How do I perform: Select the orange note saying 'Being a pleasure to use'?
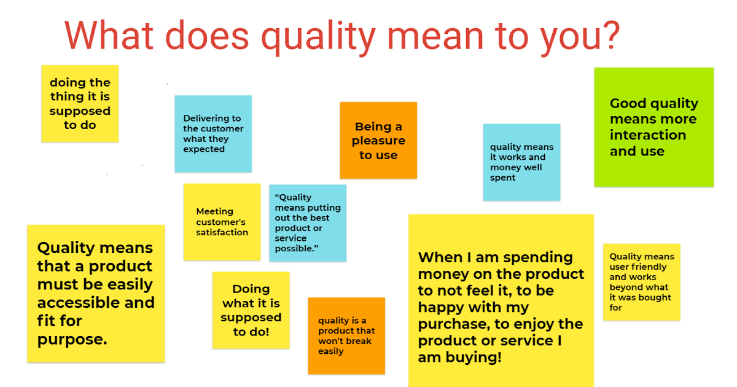pyautogui.click(x=378, y=141)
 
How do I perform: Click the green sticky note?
pyautogui.click(x=653, y=127)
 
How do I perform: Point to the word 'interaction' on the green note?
pyautogui.click(x=647, y=135)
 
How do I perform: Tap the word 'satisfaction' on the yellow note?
pyautogui.click(x=222, y=232)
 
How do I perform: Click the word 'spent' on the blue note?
pyautogui.click(x=503, y=178)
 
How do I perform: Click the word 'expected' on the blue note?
pyautogui.click(x=204, y=149)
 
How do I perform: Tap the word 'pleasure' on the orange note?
pyautogui.click(x=378, y=141)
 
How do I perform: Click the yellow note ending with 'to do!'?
pyautogui.click(x=251, y=310)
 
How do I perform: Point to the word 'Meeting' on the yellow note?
pyautogui.click(x=214, y=211)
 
